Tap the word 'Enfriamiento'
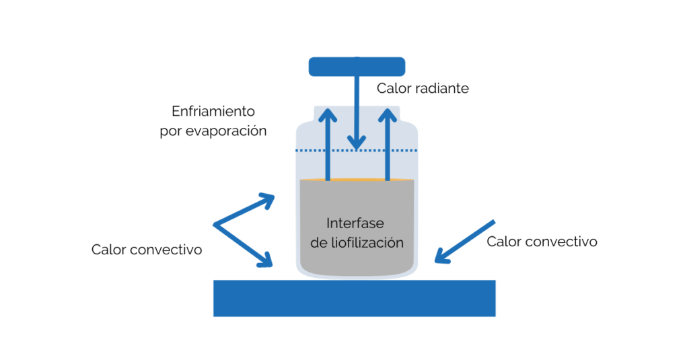pyautogui.click(x=213, y=111)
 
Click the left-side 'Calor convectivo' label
pyautogui.click(x=147, y=250)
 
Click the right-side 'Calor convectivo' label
pyautogui.click(x=542, y=241)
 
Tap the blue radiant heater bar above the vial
pyautogui.click(x=357, y=67)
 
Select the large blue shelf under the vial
pyautogui.click(x=354, y=298)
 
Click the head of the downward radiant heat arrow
pyautogui.click(x=357, y=142)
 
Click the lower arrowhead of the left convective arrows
pyautogui.click(x=266, y=260)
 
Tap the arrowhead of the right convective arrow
pyautogui.click(x=441, y=256)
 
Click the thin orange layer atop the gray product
pyautogui.click(x=357, y=180)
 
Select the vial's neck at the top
pyautogui.click(x=357, y=111)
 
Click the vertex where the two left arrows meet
pyautogui.click(x=215, y=224)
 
